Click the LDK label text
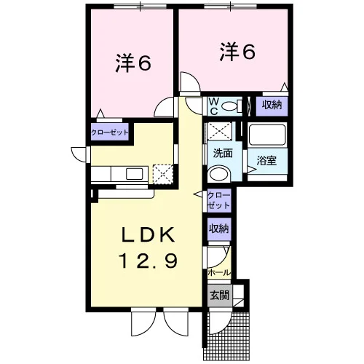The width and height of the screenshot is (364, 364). pos(149,234)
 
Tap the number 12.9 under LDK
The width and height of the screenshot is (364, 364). pos(149,260)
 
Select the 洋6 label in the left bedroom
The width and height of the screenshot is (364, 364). pos(133,63)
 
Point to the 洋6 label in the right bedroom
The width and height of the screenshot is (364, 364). pos(237,52)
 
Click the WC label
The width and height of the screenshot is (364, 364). pos(214,106)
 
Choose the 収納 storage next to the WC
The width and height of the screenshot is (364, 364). pos(272,106)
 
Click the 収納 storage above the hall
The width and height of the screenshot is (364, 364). pos(219,229)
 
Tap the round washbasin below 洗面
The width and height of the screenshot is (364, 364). pos(219,173)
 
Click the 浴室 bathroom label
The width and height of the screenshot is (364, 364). pos(266,160)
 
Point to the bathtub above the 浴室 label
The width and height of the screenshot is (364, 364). pos(267,135)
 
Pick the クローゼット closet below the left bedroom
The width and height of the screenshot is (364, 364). pos(110,132)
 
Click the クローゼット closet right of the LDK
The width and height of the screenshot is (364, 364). pos(218,200)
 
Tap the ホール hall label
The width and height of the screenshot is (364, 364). pos(219,273)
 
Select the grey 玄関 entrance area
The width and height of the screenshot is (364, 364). pos(220,295)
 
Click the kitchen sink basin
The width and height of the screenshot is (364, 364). pos(134,174)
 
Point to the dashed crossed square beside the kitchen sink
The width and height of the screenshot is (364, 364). pos(163,174)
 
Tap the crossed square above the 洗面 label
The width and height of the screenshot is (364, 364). pos(220,131)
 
